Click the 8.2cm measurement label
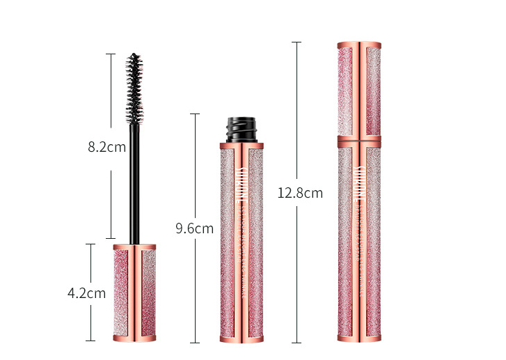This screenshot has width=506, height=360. click(x=106, y=147)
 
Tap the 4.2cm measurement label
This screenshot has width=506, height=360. click(x=86, y=293)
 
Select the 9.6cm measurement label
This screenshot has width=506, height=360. click(x=194, y=228)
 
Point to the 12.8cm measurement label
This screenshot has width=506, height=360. click(x=300, y=194)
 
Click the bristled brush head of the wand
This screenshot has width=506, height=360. click(x=134, y=87)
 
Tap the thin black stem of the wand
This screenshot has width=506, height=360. click(x=134, y=181)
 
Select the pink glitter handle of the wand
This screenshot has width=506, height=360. click(x=134, y=292)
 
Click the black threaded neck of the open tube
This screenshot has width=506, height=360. click(x=242, y=130)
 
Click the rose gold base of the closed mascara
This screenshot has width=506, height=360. click(x=359, y=339)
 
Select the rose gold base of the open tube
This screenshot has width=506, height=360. click(x=242, y=339)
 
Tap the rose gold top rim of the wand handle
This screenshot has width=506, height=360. click(x=134, y=246)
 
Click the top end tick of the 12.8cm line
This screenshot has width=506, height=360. click(x=296, y=42)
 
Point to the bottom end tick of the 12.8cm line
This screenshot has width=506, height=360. click(x=296, y=343)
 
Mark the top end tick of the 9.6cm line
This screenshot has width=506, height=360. click(x=194, y=114)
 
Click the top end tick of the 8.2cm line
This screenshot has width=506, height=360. click(x=110, y=54)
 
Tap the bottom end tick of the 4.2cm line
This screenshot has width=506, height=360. click(x=90, y=341)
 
